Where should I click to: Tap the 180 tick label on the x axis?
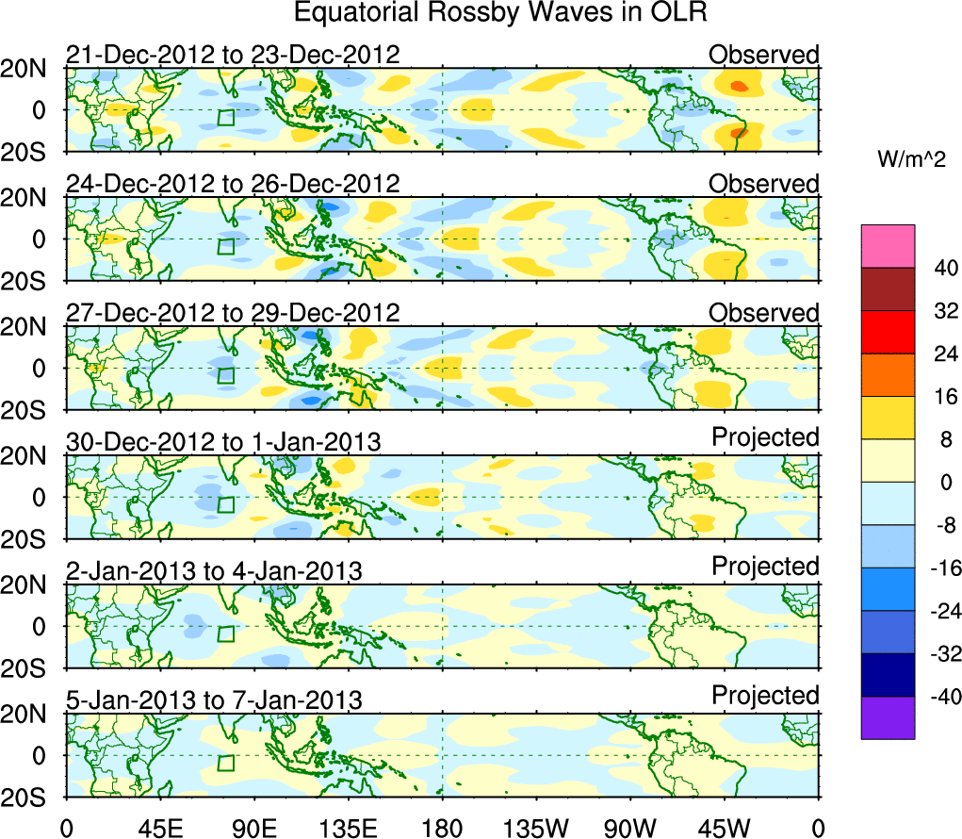(442, 828)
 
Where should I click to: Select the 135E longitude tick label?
(348, 828)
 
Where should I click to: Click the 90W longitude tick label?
(630, 828)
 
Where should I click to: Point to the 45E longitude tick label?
(159, 828)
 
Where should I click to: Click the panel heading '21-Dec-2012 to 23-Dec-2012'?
(233, 55)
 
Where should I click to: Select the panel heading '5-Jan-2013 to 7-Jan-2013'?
(214, 699)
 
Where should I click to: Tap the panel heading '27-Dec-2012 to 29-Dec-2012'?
(233, 313)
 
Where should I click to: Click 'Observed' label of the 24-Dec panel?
(764, 183)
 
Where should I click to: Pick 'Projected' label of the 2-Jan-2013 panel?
(765, 567)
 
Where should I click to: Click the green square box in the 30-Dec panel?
(225, 504)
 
